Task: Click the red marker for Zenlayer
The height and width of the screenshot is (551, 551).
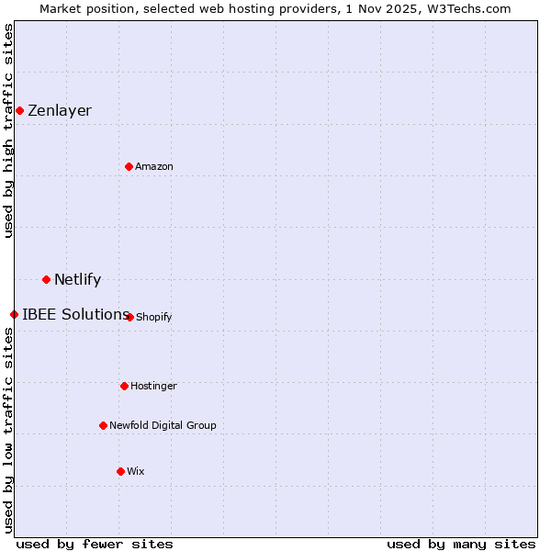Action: [x=19, y=111]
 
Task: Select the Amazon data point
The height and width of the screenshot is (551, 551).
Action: [x=129, y=166]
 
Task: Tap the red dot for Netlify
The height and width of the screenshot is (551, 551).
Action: [x=46, y=279]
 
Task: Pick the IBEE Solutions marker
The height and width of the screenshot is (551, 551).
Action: [x=14, y=314]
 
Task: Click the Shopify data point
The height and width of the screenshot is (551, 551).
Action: [x=129, y=317]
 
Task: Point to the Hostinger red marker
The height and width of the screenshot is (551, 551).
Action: [x=124, y=386]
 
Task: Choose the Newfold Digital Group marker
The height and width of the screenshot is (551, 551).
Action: [x=103, y=425]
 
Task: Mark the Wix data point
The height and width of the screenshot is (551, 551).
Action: [x=120, y=471]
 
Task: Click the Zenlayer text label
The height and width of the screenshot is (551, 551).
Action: [x=60, y=111]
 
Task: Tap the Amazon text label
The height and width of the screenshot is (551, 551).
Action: [x=154, y=166]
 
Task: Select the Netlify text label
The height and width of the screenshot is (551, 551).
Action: [x=77, y=279]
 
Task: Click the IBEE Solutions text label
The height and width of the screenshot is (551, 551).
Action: [x=74, y=314]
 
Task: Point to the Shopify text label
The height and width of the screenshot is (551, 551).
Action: [x=153, y=317]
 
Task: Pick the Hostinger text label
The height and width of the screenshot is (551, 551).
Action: [x=153, y=386]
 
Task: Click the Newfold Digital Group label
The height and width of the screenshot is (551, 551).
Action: [x=163, y=425]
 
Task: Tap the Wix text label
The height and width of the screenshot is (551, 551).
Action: [x=136, y=471]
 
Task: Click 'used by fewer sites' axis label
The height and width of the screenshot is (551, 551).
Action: [x=95, y=544]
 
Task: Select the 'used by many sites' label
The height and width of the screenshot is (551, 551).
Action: [x=461, y=544]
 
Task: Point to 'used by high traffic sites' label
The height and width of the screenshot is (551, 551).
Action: [x=8, y=130]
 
